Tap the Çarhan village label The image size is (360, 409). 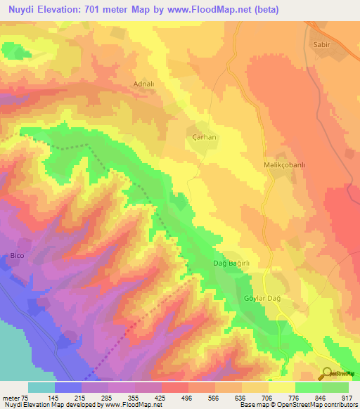coord(203,137)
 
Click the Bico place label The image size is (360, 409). coord(17,256)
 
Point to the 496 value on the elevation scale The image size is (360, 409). coord(186,397)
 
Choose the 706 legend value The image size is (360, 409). coord(267,397)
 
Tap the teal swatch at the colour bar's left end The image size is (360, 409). coord(41,387)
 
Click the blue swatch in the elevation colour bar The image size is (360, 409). coord(68,387)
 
